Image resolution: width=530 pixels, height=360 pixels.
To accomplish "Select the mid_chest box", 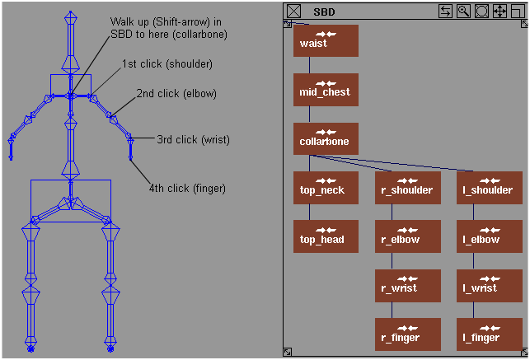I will [x=325, y=90].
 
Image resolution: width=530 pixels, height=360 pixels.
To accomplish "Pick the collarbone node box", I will [x=325, y=139].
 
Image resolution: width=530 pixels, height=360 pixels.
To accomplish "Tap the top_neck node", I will [x=325, y=188].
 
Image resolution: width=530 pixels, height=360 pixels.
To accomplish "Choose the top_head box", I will [x=325, y=237].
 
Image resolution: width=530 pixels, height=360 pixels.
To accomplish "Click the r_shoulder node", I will [x=406, y=188].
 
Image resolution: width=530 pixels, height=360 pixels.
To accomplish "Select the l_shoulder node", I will [x=488, y=188].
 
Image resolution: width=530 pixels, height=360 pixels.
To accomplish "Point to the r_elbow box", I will [x=406, y=237].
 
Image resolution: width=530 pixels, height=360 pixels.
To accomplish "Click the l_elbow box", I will [x=488, y=237].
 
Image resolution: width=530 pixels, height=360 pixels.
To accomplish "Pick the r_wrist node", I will [x=406, y=286].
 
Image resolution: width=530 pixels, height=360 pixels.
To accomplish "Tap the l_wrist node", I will [x=488, y=286].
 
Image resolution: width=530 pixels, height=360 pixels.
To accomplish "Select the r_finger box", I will [x=406, y=335].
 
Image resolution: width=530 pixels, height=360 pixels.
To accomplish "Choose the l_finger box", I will [x=488, y=335].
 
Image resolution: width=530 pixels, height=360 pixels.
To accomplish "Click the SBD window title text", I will [x=324, y=12].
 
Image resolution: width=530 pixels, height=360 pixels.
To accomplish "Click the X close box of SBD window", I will [x=294, y=12].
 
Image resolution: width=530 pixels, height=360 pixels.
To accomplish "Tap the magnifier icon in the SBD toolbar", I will [x=463, y=11].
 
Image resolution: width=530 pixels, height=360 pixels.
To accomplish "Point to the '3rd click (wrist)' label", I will [x=194, y=139].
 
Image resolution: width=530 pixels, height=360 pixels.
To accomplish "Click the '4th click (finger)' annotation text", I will [x=187, y=189].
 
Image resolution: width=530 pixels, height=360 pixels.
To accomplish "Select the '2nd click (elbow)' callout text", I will [x=176, y=94].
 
